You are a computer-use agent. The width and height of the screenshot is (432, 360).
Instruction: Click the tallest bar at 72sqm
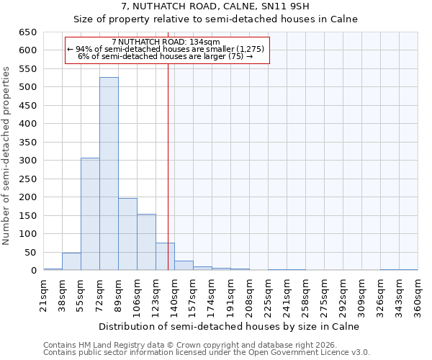pos(109,174)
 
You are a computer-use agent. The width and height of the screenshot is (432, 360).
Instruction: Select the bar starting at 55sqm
pos(90,214)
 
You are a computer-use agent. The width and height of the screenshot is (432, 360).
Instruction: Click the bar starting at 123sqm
pos(165,256)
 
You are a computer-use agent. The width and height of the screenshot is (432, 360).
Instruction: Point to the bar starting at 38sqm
pos(71,261)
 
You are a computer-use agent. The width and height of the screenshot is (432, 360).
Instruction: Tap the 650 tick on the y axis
pos(27,32)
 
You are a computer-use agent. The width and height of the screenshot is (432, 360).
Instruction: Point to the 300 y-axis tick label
pos(27,161)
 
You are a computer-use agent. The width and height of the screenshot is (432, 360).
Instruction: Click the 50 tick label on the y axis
pos(30,253)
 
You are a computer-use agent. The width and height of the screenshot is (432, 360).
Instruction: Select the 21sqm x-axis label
pos(43,295)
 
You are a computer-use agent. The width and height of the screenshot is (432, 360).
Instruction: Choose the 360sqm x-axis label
pos(418,295)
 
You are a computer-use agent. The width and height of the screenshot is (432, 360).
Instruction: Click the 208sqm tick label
pos(249,295)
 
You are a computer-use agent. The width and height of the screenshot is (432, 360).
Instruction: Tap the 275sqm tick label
pos(324,295)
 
